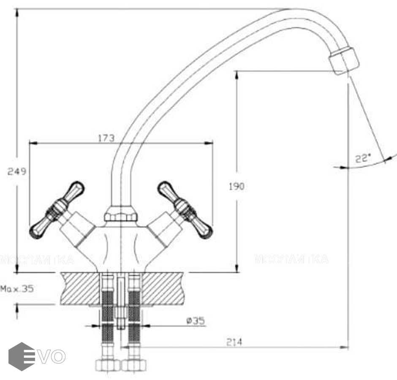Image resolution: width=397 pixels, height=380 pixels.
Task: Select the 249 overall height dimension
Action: click(x=17, y=171)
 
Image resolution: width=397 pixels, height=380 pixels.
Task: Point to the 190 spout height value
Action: click(x=237, y=186)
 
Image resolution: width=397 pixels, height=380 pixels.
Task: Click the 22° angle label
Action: click(x=362, y=159)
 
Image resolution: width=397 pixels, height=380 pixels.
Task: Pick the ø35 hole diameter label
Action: click(x=196, y=321)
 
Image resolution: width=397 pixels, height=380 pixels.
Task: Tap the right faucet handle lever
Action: click(x=185, y=209)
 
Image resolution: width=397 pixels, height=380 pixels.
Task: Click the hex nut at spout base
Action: click(x=121, y=214)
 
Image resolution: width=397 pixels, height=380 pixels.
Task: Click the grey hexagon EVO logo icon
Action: click(x=22, y=356)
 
